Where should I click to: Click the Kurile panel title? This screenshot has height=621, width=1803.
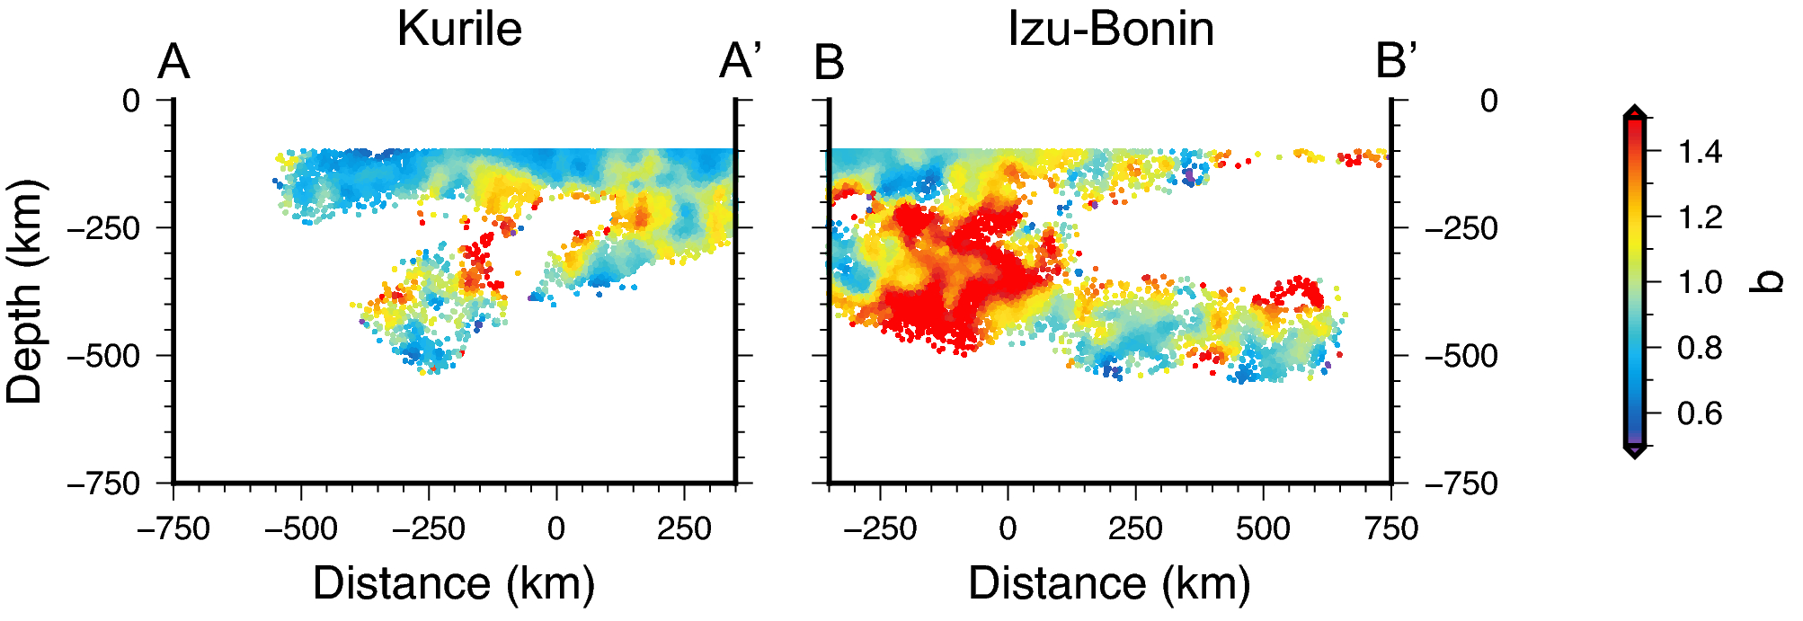tap(459, 29)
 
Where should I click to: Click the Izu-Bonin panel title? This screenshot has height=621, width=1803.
tap(1111, 29)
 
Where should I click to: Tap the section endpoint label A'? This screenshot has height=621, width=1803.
tap(741, 63)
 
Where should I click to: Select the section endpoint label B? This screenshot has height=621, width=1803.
tap(829, 63)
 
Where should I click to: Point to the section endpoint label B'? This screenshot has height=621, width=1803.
tap(1396, 63)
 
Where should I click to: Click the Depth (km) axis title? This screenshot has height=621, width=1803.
tap(24, 292)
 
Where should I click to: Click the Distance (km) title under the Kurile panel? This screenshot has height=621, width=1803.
tap(454, 583)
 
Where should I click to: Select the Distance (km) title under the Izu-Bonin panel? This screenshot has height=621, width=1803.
tap(1109, 583)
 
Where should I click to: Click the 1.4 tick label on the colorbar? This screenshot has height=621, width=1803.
tap(1700, 152)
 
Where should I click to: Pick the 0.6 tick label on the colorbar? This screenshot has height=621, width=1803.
tap(1700, 413)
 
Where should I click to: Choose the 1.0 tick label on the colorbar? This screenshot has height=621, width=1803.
tap(1700, 282)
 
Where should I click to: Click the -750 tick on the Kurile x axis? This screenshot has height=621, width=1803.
tap(173, 528)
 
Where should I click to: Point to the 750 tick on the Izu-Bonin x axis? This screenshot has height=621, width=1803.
tap(1391, 528)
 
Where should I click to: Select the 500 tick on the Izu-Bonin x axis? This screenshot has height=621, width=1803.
tap(1263, 528)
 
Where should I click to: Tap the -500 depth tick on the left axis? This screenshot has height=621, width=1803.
tap(104, 356)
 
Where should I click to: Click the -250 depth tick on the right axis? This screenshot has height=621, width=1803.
tap(1461, 228)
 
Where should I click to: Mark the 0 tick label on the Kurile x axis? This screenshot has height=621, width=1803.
tap(556, 528)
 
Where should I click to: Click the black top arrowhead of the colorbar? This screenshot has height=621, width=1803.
tap(1636, 111)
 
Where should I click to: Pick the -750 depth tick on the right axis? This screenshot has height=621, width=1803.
tap(1461, 484)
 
